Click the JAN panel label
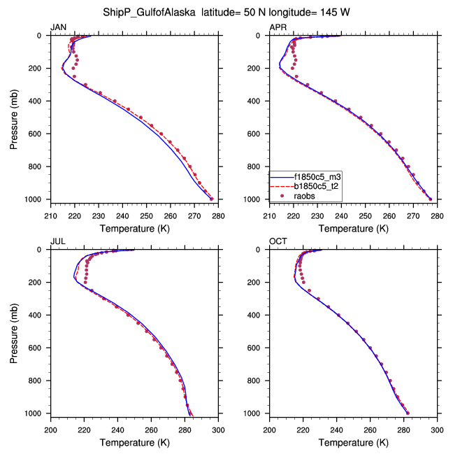coord(58,27)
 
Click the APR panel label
coord(278,27)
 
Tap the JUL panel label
coord(57,241)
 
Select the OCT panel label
coord(278,241)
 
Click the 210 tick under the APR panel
coord(270,215)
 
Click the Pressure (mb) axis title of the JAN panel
coord(15,117)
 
